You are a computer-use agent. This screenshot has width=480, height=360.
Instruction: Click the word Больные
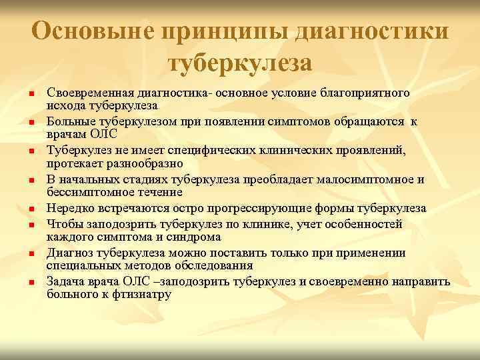(68, 121)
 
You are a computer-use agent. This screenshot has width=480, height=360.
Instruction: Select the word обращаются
(373, 121)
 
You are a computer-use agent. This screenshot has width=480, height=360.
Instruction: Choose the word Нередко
(69, 208)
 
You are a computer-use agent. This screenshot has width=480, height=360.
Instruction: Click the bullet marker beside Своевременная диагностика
(31, 94)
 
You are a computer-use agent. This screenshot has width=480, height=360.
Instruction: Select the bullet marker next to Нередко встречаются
(31, 209)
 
